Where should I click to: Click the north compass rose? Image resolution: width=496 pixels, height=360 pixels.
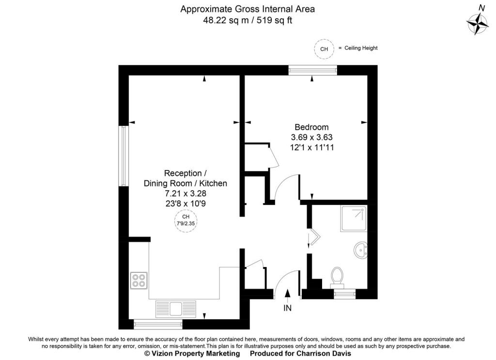point(479,22)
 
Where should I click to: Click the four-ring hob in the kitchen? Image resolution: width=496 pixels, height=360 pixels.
point(139,280)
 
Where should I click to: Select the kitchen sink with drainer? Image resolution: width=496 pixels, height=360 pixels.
point(175,308)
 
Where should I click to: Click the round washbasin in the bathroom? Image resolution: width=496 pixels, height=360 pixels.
point(360,250)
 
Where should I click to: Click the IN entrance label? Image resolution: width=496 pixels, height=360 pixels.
point(288,308)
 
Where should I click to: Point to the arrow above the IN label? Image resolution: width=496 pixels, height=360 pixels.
point(288,294)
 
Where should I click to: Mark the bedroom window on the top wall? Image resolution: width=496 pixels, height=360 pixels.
point(312,70)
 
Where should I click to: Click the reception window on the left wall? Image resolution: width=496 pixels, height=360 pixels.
point(124,156)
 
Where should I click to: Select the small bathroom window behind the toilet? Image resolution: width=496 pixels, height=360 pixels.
point(344,294)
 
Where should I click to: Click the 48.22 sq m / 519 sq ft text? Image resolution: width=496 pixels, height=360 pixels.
point(248,20)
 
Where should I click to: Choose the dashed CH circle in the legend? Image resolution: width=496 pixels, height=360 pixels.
point(324,48)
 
